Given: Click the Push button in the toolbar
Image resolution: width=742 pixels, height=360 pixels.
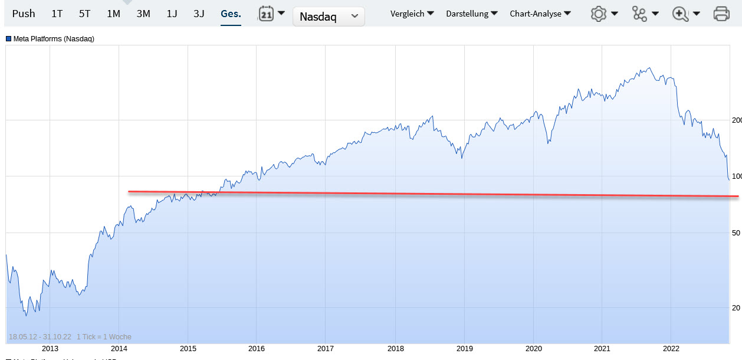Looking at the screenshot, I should pos(24,14).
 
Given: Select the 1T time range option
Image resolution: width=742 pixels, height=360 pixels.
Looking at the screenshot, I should pos(57,14).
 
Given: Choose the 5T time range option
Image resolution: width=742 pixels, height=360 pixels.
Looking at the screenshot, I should pos(84,14).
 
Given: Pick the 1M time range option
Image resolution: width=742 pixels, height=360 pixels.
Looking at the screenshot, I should pos(113,14).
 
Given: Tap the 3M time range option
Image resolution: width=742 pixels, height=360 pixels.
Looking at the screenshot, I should pos(143,14).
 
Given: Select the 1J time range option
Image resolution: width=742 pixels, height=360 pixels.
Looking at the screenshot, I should pos(172,14).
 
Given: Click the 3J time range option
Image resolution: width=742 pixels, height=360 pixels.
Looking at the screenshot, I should pos(199,14).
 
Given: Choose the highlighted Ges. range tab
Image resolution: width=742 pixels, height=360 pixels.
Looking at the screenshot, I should pos(231,14).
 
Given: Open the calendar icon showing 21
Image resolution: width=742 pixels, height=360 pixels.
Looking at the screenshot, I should pos(267,14).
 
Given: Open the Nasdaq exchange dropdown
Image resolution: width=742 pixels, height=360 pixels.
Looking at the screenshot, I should pos(329,17).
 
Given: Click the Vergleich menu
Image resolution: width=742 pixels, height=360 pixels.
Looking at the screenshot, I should pos(412,14).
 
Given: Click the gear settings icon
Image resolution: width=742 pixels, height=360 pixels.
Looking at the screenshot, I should pos(599,14).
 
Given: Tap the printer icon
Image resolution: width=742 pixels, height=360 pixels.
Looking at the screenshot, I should pos(721,14).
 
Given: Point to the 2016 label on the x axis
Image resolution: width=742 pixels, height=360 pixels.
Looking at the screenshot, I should pos(257,348).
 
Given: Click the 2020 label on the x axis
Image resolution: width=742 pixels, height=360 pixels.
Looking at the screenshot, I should pos(533,348).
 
